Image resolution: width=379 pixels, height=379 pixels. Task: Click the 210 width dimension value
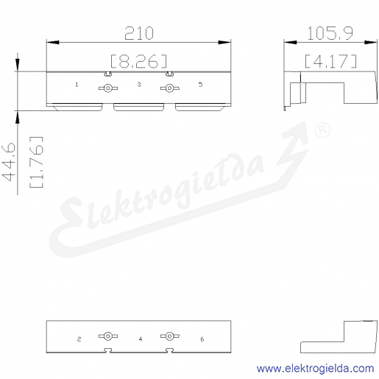click(x=139, y=33)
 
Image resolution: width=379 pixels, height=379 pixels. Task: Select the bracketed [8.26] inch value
click(x=138, y=61)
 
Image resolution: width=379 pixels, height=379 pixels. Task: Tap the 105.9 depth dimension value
click(x=330, y=33)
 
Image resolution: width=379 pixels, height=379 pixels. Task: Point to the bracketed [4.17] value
click(x=330, y=61)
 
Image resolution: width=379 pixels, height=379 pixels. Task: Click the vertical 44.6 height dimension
click(x=8, y=162)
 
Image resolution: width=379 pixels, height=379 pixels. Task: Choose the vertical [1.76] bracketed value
click(x=36, y=162)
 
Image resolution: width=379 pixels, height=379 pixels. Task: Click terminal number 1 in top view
click(x=77, y=85)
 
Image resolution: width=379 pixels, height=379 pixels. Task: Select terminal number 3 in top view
click(x=139, y=85)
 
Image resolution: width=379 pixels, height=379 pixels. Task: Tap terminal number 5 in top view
click(x=200, y=85)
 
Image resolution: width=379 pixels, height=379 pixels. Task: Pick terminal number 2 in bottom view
click(x=79, y=339)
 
